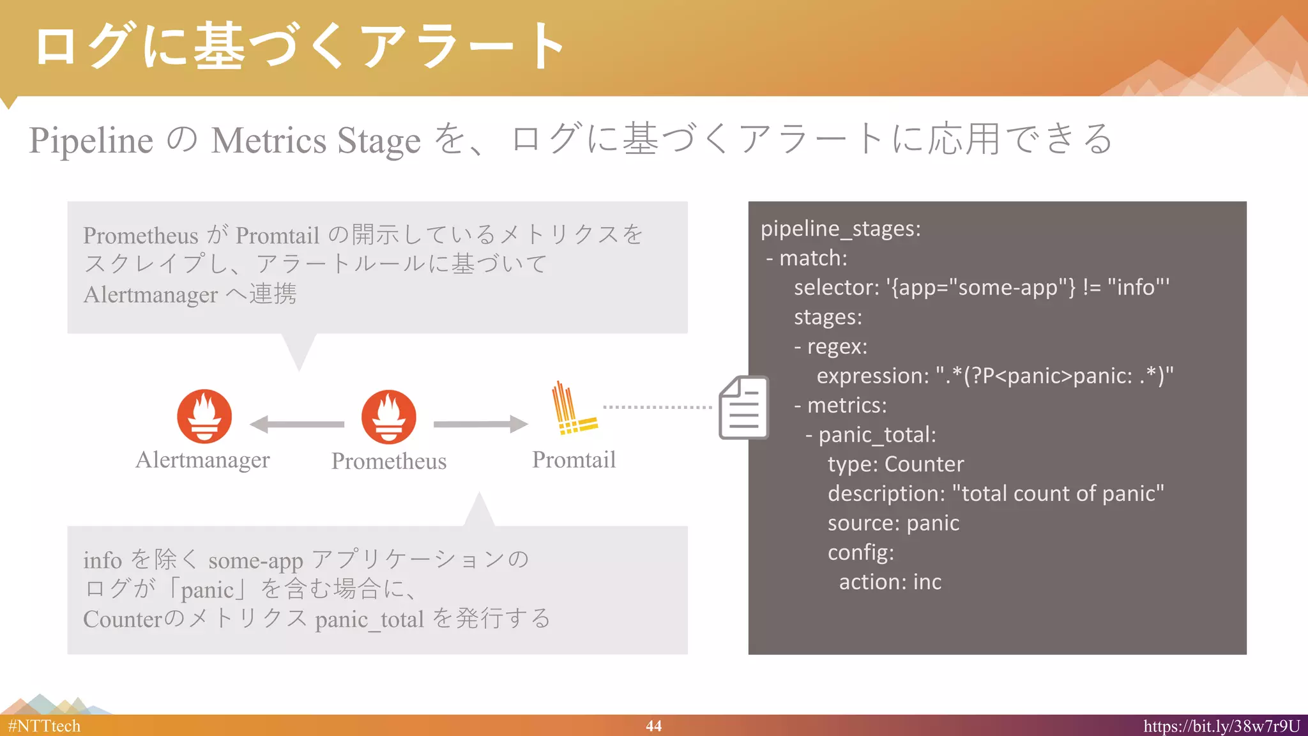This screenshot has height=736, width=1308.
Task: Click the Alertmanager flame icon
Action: point(204,417)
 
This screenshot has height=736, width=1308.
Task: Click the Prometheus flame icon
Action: point(388,417)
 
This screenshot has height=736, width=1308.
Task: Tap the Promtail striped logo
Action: point(573,410)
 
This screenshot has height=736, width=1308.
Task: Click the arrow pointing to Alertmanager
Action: point(296,424)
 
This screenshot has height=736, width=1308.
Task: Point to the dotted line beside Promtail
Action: point(657,407)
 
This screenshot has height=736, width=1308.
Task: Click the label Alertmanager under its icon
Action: point(202,460)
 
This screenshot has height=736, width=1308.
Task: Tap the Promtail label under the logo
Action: point(574,460)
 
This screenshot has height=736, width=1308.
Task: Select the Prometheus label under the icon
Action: point(388,461)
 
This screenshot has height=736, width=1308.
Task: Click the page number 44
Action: point(653,726)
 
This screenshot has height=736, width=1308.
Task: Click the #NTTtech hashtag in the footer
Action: point(44,726)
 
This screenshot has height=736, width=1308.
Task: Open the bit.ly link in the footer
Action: point(1221,726)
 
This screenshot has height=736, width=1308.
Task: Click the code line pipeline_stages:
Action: point(840,229)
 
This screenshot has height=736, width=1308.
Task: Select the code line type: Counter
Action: point(895,464)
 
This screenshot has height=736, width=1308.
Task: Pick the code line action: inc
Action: point(890,582)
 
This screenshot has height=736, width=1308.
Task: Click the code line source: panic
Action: point(893,523)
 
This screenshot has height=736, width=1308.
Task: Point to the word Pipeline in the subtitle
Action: point(91,141)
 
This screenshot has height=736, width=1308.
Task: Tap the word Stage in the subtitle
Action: point(379,141)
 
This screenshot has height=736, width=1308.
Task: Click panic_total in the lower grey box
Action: point(369,620)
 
